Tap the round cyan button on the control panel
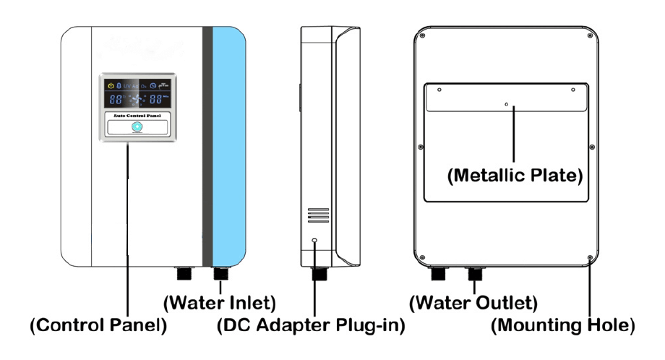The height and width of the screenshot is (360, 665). [137, 127]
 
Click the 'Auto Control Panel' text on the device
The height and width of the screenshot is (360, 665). [137, 114]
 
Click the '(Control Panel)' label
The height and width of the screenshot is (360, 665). [98, 326]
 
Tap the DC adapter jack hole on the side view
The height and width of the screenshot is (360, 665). [315, 241]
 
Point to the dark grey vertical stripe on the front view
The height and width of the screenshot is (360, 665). [207, 145]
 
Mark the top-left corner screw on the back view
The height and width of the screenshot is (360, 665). [422, 36]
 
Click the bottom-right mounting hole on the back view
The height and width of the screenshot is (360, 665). [591, 257]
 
